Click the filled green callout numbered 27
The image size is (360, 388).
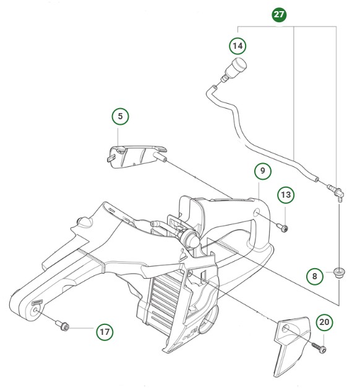280,14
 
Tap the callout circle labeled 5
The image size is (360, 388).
121,116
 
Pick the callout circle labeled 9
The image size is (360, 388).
262,171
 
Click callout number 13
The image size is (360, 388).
285,196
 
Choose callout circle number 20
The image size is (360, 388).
325,322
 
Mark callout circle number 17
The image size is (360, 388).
105,332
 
